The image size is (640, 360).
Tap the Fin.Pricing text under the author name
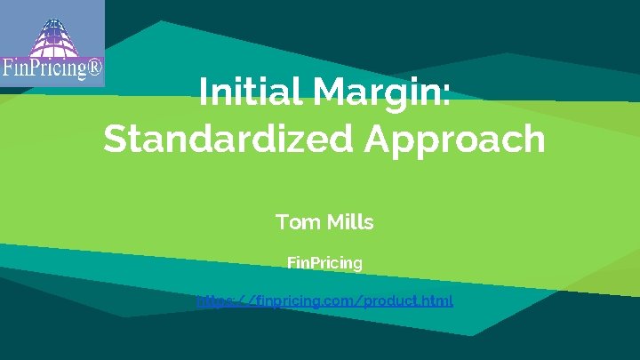click(x=324, y=263)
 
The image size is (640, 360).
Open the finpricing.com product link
click(x=324, y=300)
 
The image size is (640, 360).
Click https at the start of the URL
click(x=214, y=300)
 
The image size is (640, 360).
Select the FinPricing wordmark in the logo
click(x=44, y=68)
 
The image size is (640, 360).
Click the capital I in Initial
click(x=204, y=92)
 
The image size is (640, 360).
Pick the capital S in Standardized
click(x=116, y=140)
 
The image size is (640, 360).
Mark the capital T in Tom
click(x=284, y=222)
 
